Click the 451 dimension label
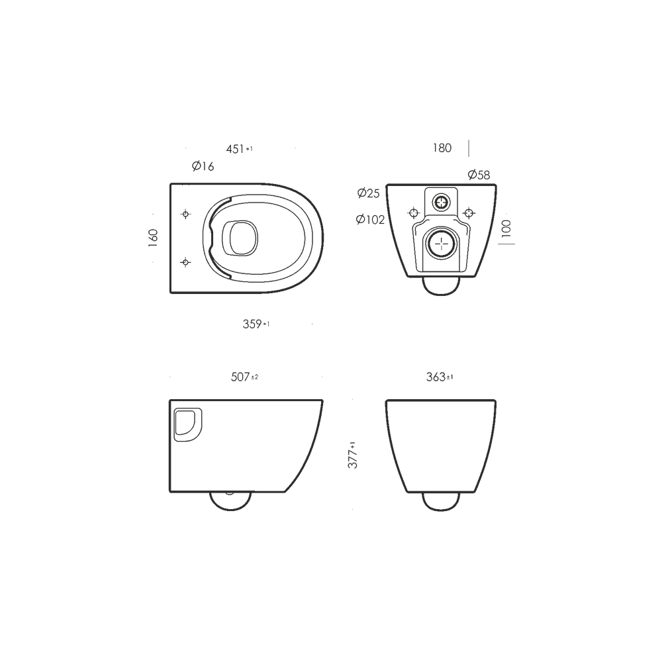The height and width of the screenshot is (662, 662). point(240,149)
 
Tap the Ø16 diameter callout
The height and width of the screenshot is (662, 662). point(203,166)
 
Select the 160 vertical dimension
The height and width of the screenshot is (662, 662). point(154,238)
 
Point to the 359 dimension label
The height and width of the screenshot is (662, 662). point(256,324)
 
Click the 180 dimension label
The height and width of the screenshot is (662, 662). point(442,148)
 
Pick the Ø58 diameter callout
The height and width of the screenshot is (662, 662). point(479,174)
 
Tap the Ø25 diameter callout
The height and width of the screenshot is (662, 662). point(369,193)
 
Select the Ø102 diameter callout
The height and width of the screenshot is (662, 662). point(370,220)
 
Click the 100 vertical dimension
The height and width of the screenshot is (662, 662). point(506,228)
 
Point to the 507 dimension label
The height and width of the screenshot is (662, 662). point(244,377)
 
